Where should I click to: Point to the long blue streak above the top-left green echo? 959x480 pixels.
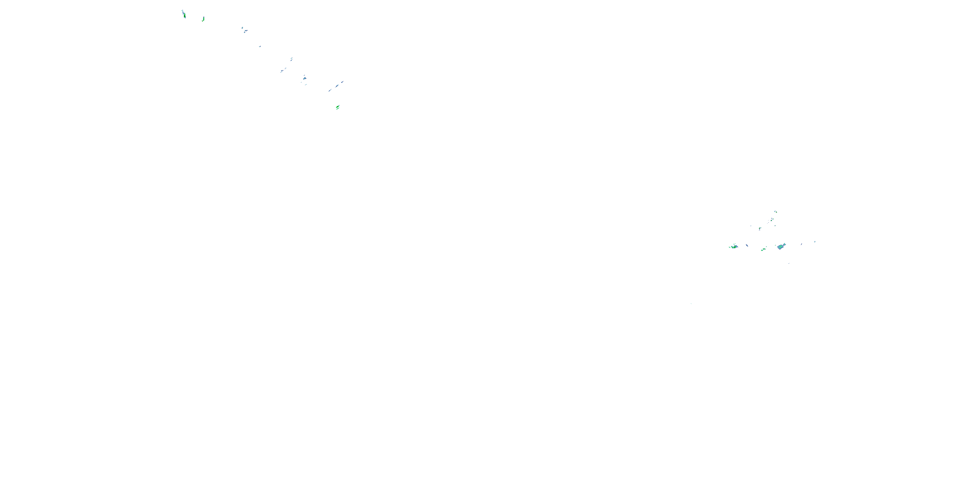point(183,11)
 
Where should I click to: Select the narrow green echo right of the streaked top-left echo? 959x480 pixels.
point(203,19)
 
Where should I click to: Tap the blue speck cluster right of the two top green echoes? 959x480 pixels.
point(244,30)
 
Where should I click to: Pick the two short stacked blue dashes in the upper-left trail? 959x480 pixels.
point(292,59)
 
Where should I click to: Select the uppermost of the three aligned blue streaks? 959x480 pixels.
point(342,82)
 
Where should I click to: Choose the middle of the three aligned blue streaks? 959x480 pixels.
point(337,86)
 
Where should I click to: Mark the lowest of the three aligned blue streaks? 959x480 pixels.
point(330,90)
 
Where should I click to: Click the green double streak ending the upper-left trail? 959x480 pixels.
point(338,107)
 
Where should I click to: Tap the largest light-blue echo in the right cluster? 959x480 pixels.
point(780,247)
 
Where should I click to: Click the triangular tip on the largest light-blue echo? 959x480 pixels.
point(784,244)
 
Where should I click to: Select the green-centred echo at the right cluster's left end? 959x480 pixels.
point(734,246)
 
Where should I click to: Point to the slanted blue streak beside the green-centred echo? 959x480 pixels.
point(747,245)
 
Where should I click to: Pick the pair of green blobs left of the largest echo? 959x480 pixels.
point(763,249)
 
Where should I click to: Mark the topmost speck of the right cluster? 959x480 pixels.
point(776,212)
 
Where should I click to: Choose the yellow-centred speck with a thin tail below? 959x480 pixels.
point(760,228)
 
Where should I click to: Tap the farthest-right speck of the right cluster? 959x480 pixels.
point(815,242)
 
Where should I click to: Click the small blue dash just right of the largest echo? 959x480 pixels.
point(801,244)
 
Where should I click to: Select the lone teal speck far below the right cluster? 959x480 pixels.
point(691,303)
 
